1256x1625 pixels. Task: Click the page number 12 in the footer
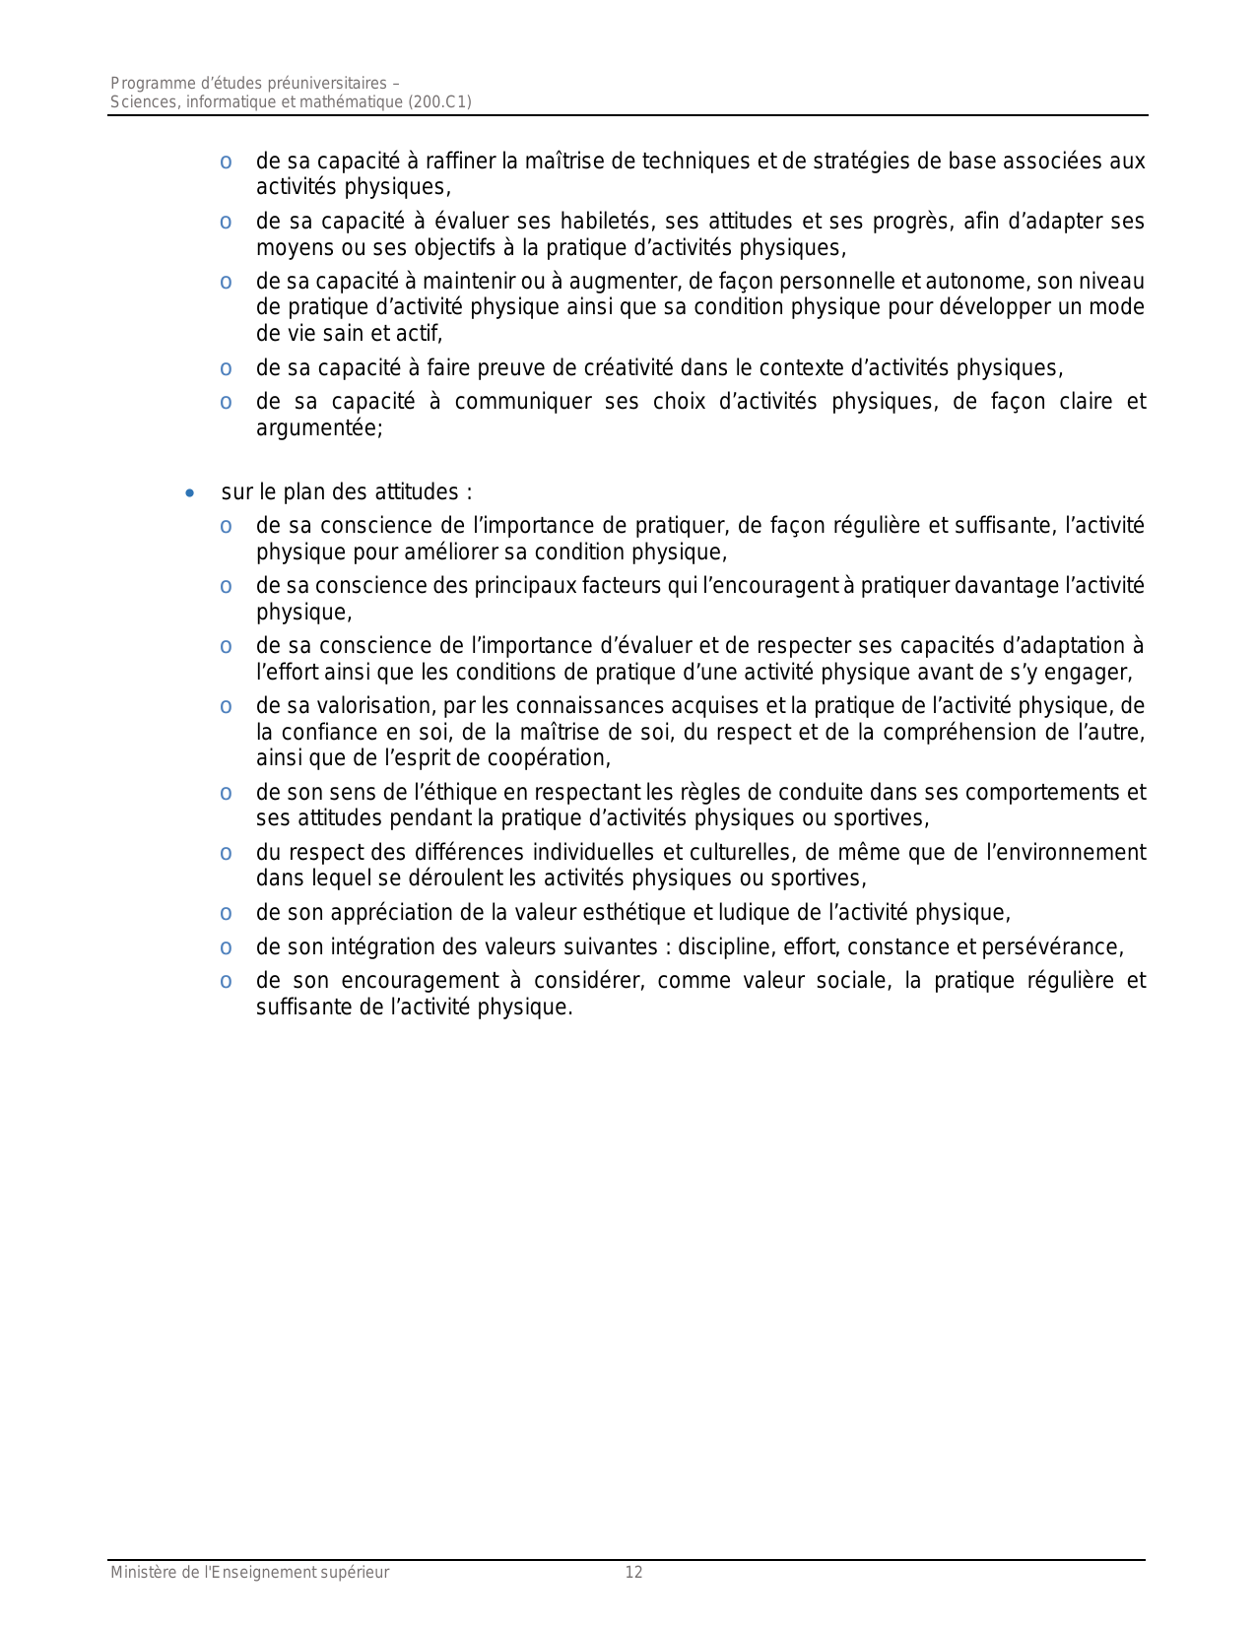coord(633,1573)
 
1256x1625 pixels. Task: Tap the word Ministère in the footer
coord(142,1573)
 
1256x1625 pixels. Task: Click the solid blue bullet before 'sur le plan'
coord(190,492)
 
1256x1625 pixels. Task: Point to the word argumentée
coord(318,428)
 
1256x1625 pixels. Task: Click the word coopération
coord(553,758)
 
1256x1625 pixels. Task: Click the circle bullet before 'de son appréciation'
coord(227,914)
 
